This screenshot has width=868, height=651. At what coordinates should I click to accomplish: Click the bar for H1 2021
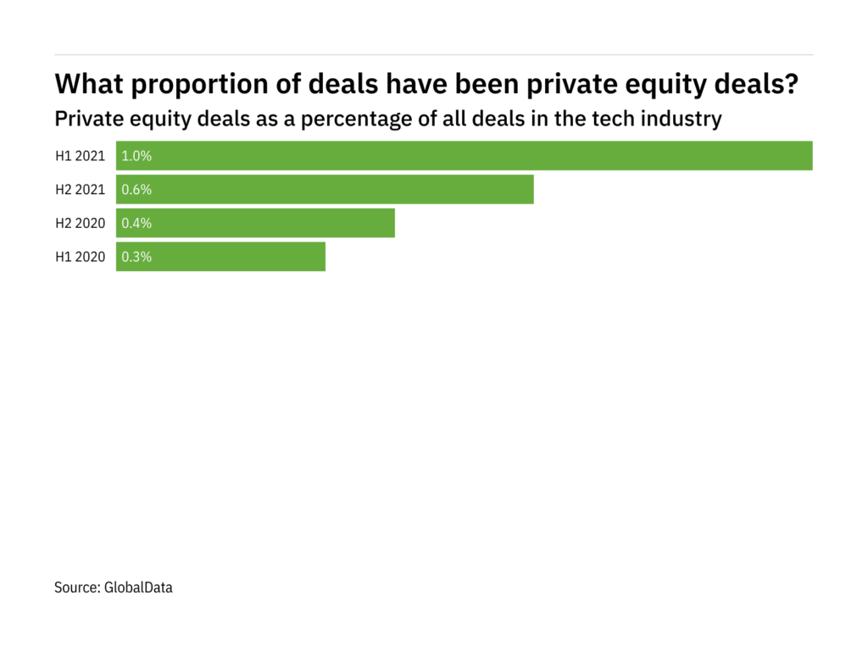click(465, 156)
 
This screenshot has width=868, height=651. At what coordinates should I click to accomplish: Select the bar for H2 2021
click(325, 190)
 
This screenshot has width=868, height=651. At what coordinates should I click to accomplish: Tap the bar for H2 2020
click(255, 223)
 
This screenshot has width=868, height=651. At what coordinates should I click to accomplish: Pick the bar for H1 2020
click(220, 257)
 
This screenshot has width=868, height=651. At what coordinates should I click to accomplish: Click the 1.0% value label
click(136, 156)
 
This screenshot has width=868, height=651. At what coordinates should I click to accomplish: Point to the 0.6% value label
click(136, 190)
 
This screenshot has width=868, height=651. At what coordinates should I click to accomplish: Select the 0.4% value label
click(136, 223)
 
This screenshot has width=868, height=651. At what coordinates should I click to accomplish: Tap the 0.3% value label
click(136, 257)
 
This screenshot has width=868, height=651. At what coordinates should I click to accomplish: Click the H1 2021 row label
click(81, 156)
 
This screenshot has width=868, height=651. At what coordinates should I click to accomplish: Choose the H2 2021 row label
click(81, 190)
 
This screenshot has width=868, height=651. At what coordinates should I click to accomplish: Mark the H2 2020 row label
click(81, 223)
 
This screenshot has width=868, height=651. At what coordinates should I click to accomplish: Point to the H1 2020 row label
click(81, 257)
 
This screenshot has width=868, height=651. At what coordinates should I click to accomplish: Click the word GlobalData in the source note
click(138, 587)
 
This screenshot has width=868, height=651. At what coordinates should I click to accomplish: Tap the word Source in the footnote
click(76, 587)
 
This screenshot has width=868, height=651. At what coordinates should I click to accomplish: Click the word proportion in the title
click(195, 85)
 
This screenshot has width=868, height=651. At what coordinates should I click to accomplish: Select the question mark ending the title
click(792, 85)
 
